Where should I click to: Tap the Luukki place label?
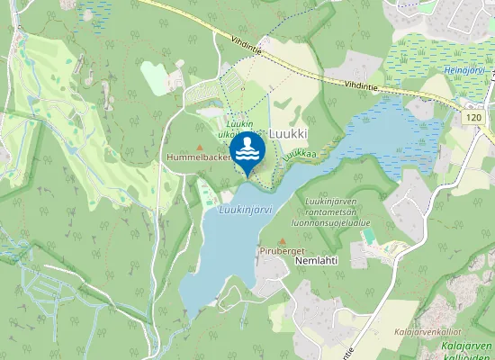(288, 133)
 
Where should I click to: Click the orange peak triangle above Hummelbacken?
(200, 147)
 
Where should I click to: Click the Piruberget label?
(283, 251)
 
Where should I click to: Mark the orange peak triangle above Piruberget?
(283, 241)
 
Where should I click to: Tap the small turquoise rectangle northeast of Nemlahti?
(368, 235)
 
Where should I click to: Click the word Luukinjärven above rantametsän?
(332, 202)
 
